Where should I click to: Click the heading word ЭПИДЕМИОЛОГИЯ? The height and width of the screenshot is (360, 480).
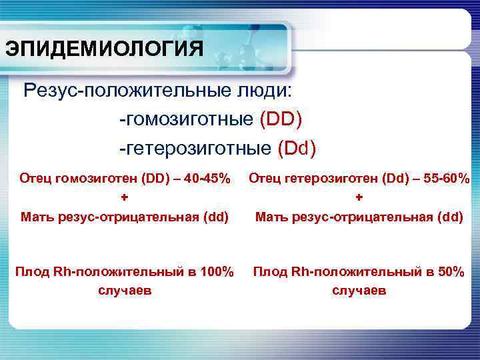coord(103,49)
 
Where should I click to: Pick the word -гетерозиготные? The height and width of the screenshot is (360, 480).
coord(193,147)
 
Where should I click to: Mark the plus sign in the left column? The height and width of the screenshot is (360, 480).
coord(125,197)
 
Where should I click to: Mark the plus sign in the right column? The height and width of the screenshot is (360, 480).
coord(359,197)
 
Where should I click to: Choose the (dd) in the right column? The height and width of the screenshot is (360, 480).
coord(449,217)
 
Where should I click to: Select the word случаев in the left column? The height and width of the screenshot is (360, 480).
coord(125,291)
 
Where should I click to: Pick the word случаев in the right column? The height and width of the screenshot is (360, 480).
coord(359,291)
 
